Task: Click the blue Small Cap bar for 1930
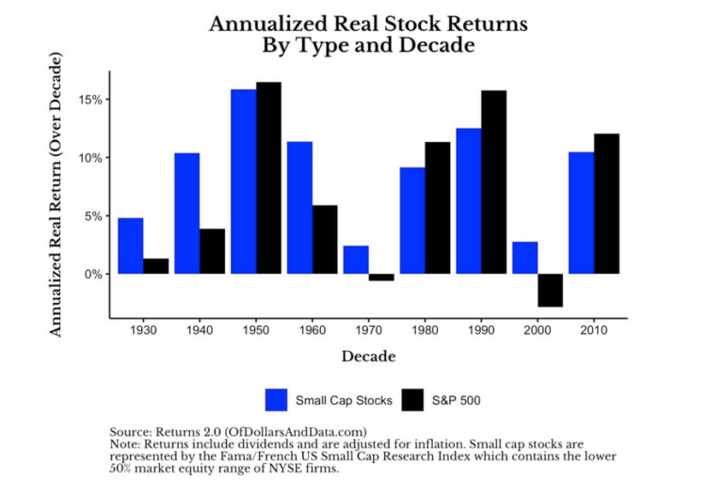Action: (131, 246)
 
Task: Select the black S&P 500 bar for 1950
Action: (268, 178)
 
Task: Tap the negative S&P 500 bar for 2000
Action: (551, 290)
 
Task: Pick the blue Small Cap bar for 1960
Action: (299, 208)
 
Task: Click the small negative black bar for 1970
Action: (381, 278)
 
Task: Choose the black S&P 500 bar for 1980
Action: (438, 208)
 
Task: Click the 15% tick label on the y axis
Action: (91, 100)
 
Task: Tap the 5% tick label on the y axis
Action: (94, 216)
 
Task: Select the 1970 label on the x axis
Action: (369, 332)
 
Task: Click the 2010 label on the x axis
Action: (595, 332)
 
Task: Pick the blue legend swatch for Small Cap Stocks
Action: (278, 400)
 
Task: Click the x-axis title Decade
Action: (368, 357)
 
